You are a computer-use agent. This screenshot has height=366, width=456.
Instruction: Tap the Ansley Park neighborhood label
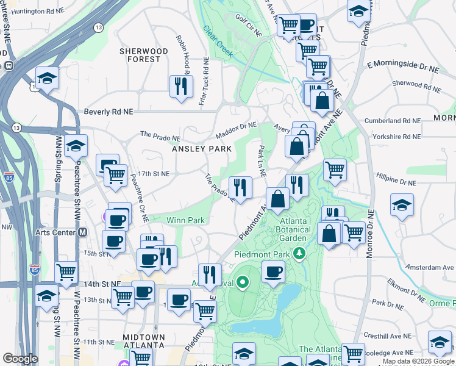(202, 149)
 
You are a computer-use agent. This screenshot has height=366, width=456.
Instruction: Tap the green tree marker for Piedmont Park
(299, 253)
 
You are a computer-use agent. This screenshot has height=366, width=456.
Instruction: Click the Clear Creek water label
(218, 41)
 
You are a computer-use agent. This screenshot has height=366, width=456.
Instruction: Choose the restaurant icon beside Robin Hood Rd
(180, 86)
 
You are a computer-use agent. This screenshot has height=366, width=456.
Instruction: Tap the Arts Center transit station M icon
(82, 232)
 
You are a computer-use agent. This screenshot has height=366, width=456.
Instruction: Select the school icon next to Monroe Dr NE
(402, 206)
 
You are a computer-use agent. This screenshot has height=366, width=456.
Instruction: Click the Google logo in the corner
(20, 359)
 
